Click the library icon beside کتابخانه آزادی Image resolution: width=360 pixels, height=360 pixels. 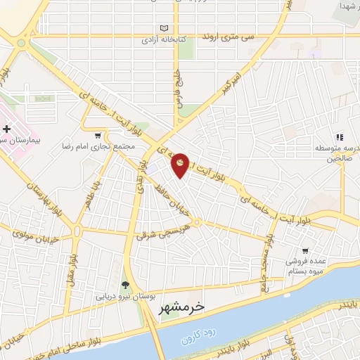click(165, 28)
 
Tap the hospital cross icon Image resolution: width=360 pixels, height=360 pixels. click(6, 129)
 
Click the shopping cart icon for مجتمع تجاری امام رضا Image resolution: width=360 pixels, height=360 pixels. click(97, 136)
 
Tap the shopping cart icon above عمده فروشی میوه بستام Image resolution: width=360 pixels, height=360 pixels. click(304, 250)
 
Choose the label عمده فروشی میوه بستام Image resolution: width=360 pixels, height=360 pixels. click(309, 265)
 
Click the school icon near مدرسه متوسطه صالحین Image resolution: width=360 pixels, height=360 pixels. click(339, 138)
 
